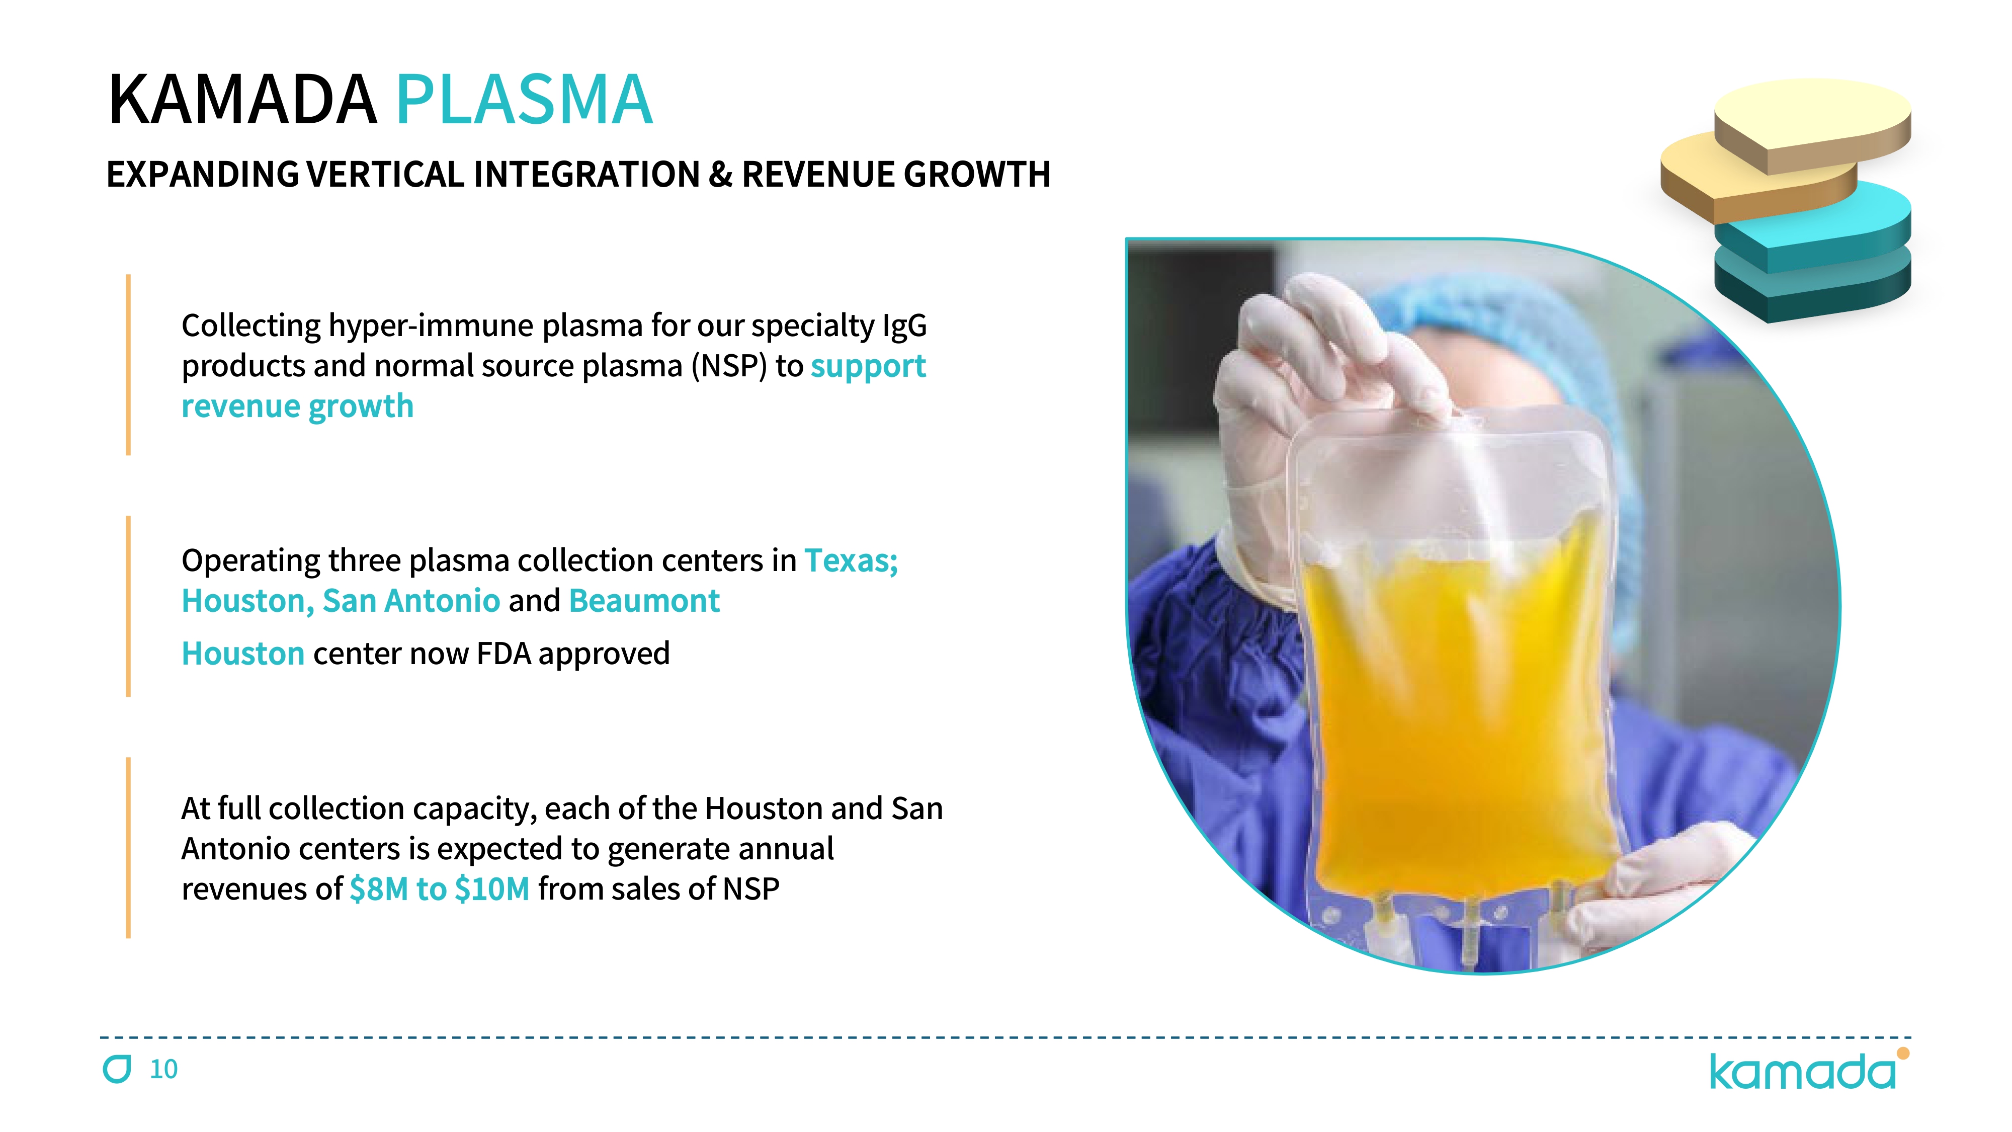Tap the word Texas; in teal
852,560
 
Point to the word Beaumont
644,601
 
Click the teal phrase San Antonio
411,601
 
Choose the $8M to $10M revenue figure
440,888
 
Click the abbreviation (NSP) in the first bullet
729,366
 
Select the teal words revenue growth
298,406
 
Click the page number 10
163,1070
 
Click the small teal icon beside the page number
117,1069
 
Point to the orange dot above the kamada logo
1903,1053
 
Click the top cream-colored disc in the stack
1812,125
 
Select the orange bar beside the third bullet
128,848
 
